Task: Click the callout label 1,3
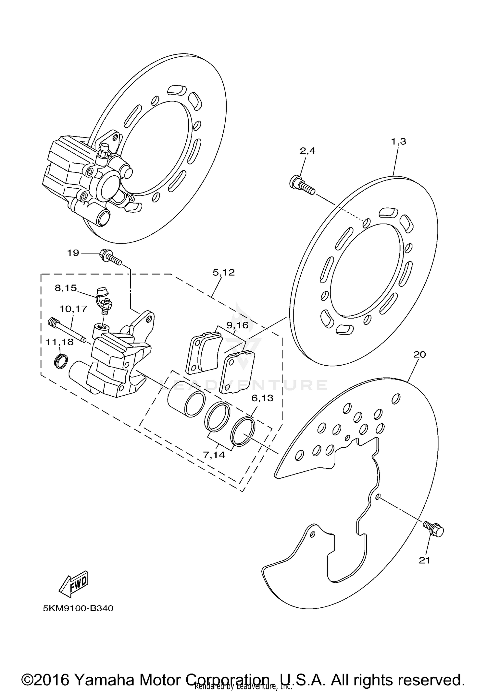(x=398, y=142)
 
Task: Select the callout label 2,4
(x=307, y=151)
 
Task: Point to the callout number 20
(x=419, y=355)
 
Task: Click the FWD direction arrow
(x=74, y=583)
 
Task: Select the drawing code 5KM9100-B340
(x=78, y=608)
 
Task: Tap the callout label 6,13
(x=262, y=398)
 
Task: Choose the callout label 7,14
(x=214, y=455)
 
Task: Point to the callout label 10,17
(x=73, y=309)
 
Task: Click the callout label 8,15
(x=66, y=288)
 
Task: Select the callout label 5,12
(x=223, y=273)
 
